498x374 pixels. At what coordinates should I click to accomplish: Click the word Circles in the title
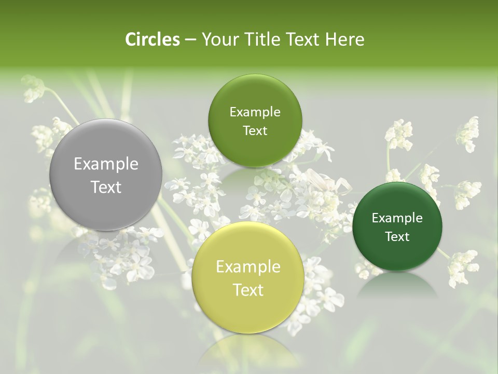(x=152, y=39)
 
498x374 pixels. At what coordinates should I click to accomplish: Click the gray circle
(x=105, y=175)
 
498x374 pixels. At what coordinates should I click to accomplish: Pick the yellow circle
(x=248, y=277)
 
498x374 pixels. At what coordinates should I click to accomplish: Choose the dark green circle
(x=397, y=226)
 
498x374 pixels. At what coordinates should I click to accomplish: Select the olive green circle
(x=255, y=121)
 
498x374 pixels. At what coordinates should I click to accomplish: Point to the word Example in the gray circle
(x=106, y=164)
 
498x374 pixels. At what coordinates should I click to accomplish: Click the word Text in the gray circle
(x=106, y=187)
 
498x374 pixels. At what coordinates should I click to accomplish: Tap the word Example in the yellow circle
(x=248, y=267)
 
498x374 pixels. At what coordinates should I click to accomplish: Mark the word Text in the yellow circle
(x=248, y=290)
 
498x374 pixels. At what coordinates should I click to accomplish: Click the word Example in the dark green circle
(x=397, y=218)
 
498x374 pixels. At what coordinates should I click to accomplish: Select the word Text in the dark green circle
(x=397, y=237)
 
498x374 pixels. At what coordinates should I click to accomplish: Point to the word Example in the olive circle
(x=255, y=112)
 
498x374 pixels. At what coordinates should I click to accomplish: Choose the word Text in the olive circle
(x=255, y=131)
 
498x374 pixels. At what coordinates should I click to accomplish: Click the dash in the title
(x=190, y=40)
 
